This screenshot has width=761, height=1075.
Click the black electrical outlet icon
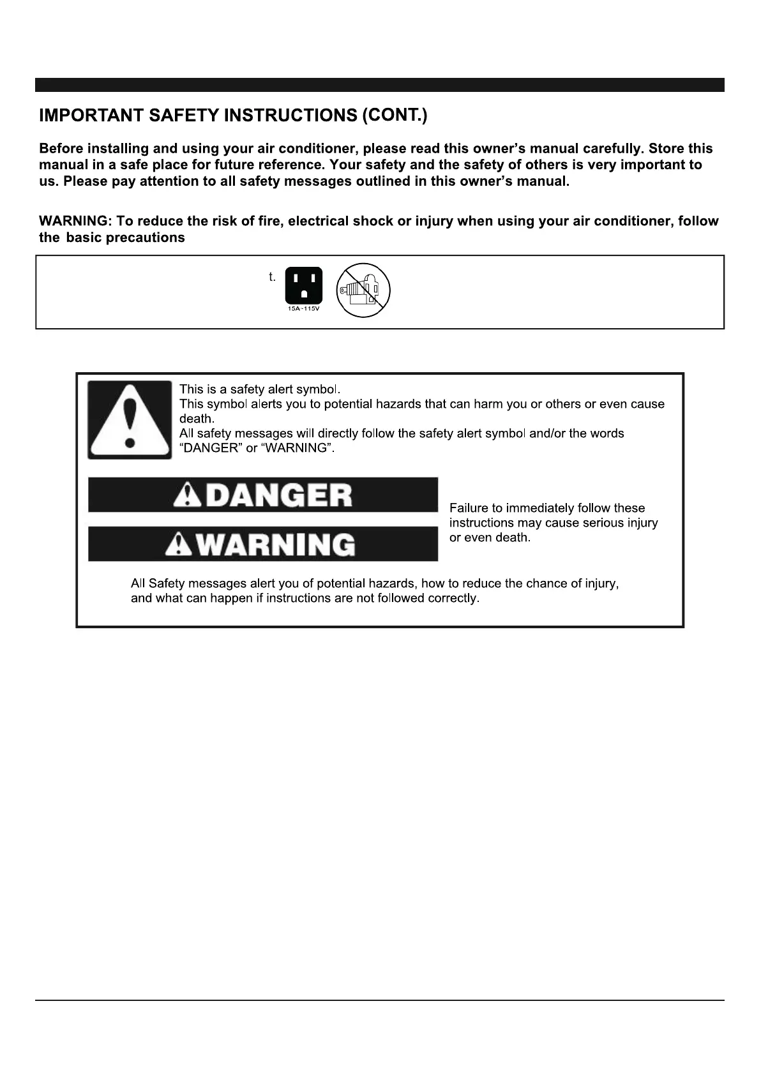303,285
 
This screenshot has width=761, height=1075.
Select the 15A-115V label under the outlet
303,309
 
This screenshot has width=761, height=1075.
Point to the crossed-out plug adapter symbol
363,290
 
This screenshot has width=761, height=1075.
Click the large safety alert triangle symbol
130,419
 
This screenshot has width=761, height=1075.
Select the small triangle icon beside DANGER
186,496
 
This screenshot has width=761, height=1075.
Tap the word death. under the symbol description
197,419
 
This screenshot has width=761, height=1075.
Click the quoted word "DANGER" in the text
211,448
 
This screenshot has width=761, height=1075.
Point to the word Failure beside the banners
470,508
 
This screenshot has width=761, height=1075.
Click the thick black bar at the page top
380,85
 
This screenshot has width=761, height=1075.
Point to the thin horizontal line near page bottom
380,1000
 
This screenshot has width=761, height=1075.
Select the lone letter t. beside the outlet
272,277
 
